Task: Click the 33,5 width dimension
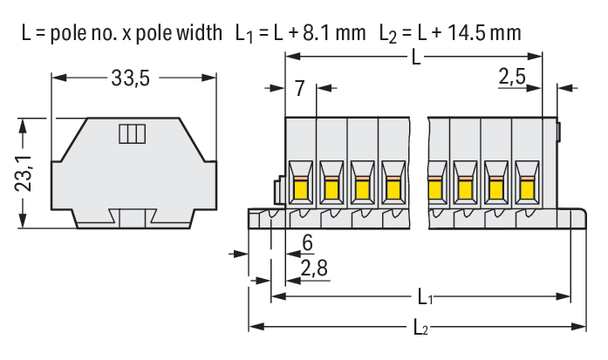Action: [131, 78]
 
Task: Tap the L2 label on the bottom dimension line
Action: [421, 328]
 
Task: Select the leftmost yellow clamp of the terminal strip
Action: [301, 187]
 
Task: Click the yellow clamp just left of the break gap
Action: [393, 187]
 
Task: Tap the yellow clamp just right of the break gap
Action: [434, 187]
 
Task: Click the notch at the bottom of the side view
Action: [133, 219]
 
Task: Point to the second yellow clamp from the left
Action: [331, 187]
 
